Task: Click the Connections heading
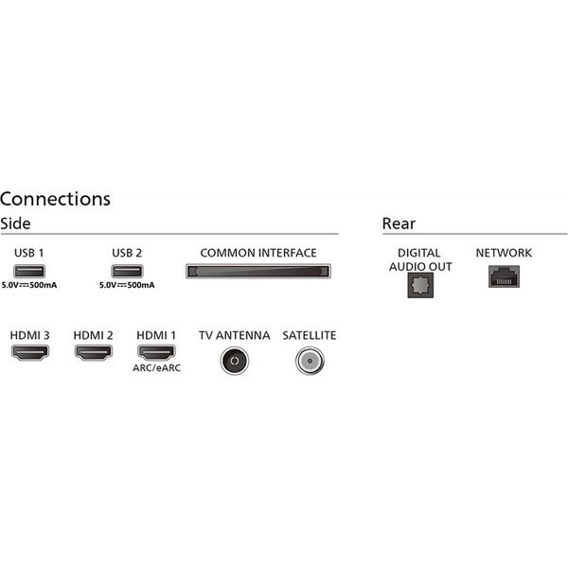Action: coord(56,199)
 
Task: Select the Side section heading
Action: coord(16,224)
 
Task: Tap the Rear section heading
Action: coord(399,224)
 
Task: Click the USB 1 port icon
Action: coord(29,272)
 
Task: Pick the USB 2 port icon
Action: coord(127,272)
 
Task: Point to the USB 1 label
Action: coord(29,253)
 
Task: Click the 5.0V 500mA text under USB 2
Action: coord(127,285)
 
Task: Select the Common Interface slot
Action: coord(258,272)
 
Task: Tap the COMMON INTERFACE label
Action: coord(258,253)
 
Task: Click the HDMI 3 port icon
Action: coord(29,355)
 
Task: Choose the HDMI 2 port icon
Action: coord(94,355)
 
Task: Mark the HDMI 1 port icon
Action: coord(157,355)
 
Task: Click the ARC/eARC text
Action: coord(157,368)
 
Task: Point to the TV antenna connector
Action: coord(234,360)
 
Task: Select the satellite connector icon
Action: coord(309,360)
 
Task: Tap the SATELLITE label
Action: coord(309,336)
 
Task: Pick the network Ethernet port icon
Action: coord(504,276)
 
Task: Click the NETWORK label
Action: coord(504,253)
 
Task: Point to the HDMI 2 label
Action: coord(94,336)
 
